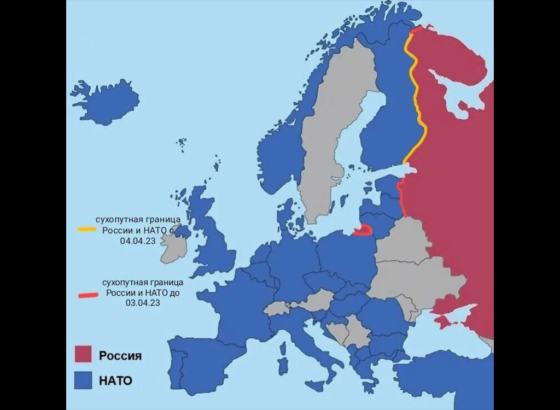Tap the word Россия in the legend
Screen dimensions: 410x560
point(120,356)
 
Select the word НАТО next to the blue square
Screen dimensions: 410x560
point(115,380)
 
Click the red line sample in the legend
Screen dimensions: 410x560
point(86,295)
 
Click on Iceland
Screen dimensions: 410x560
point(107,102)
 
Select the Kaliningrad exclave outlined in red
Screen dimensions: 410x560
point(363,230)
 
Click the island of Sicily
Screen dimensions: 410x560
point(315,385)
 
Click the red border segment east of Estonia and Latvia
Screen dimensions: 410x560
point(402,200)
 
